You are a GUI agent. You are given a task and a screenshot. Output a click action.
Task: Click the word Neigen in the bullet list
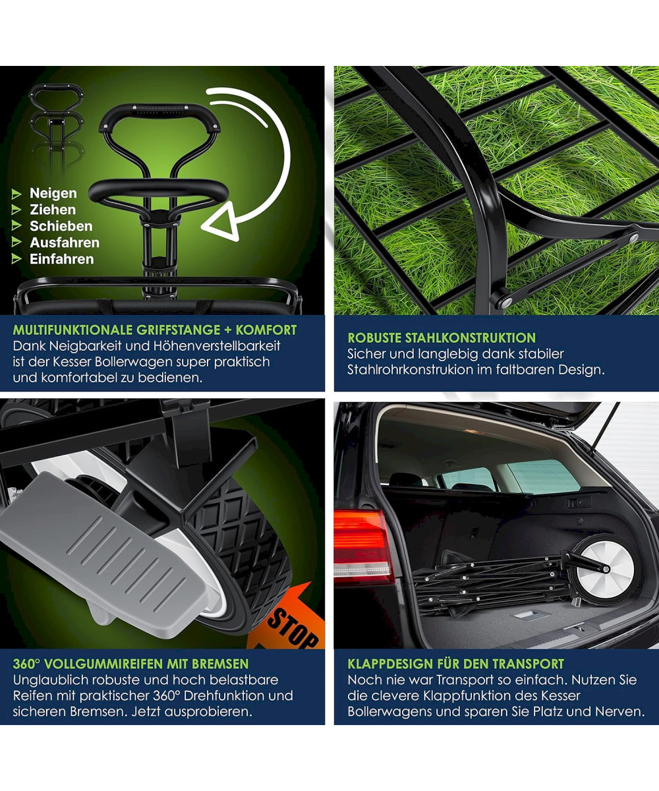click(x=53, y=193)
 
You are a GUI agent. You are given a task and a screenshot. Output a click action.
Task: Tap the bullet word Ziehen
click(x=53, y=210)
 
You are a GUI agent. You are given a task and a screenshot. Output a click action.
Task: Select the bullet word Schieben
click(x=61, y=226)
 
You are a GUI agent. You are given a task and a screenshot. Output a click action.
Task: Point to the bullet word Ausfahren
click(x=65, y=243)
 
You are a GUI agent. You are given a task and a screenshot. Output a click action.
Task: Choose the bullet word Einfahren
click(x=62, y=259)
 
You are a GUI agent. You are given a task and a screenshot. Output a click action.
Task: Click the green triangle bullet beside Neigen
click(x=16, y=194)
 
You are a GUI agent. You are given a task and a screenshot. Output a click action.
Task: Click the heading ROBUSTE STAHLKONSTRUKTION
click(x=442, y=338)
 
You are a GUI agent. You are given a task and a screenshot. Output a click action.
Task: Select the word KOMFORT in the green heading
click(x=266, y=330)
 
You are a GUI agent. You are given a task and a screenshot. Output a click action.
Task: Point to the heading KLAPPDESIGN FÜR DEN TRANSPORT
click(x=455, y=664)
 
